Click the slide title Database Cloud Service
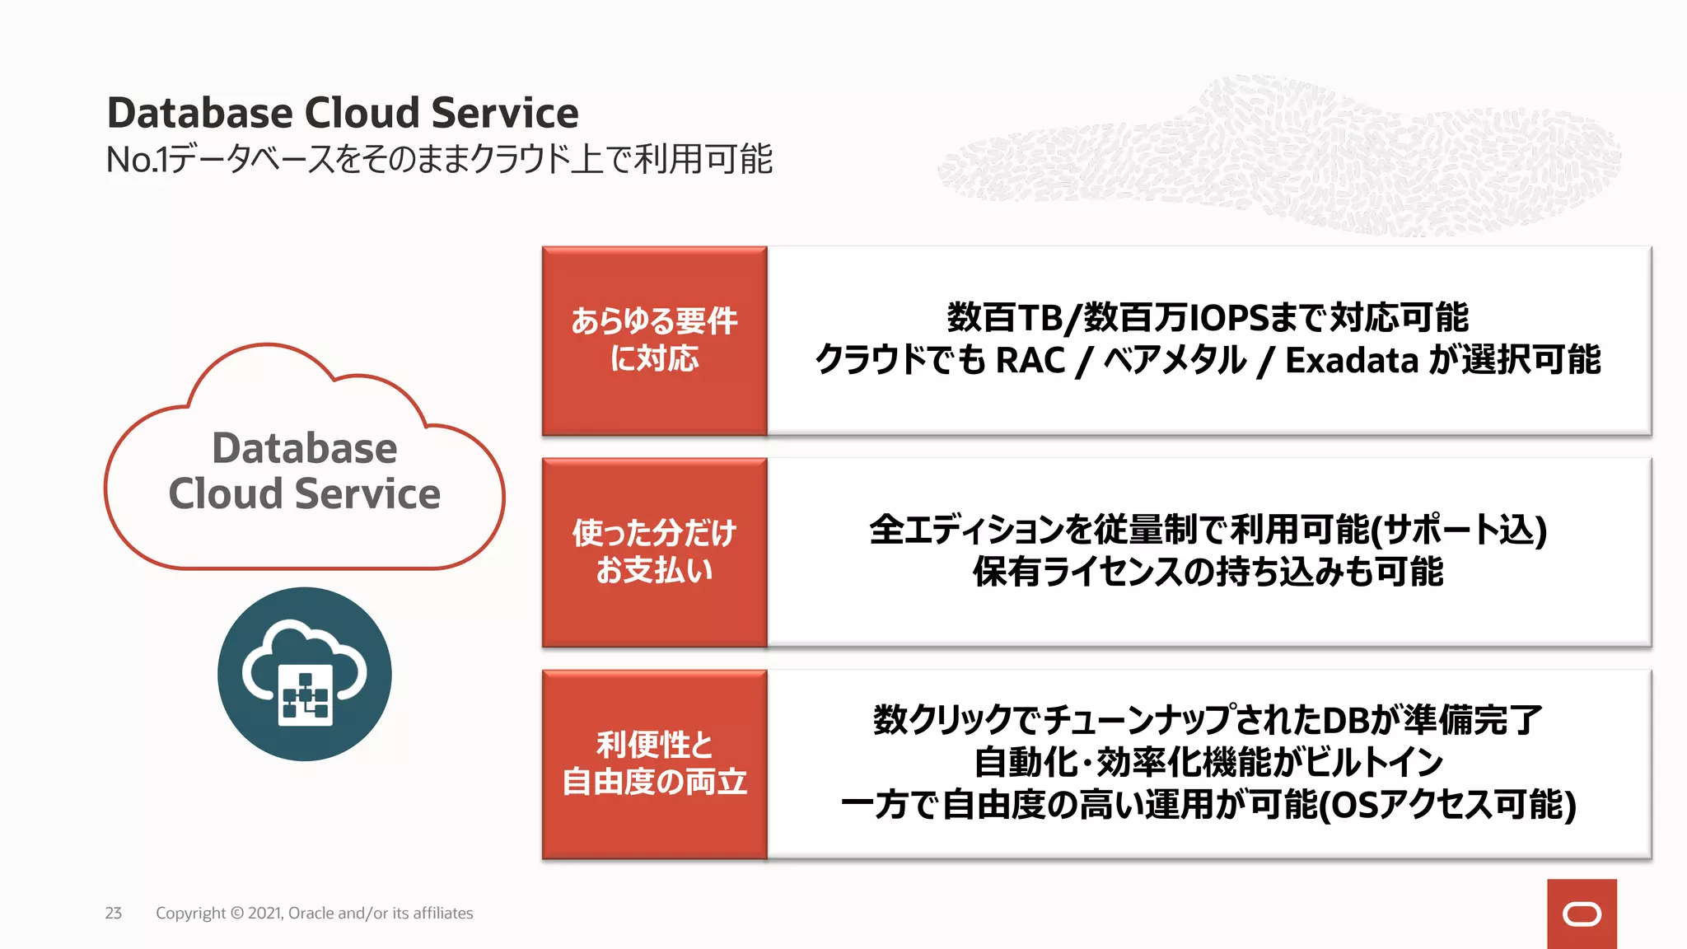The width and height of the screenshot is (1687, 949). pyautogui.click(x=342, y=113)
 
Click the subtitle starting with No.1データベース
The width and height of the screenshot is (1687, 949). pyautogui.click(x=439, y=159)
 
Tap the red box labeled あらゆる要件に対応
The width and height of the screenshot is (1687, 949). pyautogui.click(x=654, y=340)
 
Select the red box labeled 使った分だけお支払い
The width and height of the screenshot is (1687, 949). pyautogui.click(x=654, y=552)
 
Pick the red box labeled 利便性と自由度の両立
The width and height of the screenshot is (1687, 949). pyautogui.click(x=654, y=764)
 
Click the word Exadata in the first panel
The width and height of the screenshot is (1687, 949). pyautogui.click(x=1351, y=361)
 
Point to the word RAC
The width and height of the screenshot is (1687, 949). pyautogui.click(x=1030, y=361)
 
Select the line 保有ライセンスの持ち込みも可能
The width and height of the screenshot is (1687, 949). pyautogui.click(x=1208, y=572)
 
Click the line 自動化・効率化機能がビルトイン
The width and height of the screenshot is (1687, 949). pyautogui.click(x=1208, y=762)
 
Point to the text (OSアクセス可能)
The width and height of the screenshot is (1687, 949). pyautogui.click(x=1447, y=805)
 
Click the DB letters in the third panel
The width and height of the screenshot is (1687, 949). pyautogui.click(x=1344, y=720)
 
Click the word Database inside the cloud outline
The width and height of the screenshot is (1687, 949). pyautogui.click(x=304, y=449)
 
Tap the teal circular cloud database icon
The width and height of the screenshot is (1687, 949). pyautogui.click(x=304, y=674)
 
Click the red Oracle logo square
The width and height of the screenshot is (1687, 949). pyautogui.click(x=1581, y=914)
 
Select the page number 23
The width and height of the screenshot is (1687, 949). pyautogui.click(x=114, y=913)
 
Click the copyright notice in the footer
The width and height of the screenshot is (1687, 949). pyautogui.click(x=314, y=913)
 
